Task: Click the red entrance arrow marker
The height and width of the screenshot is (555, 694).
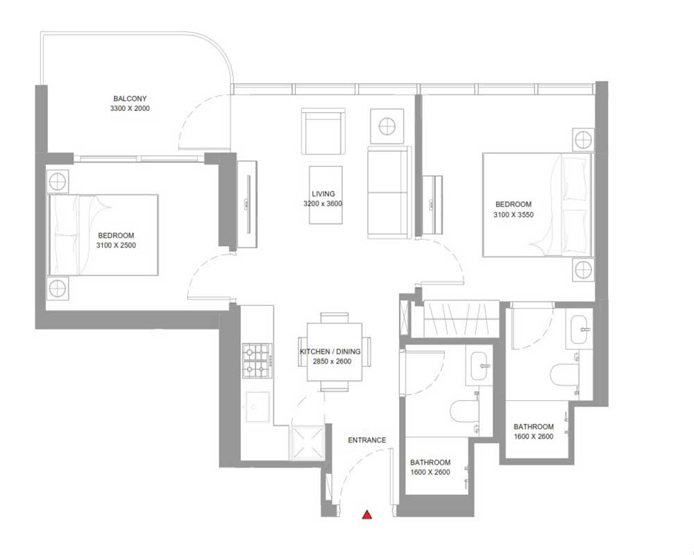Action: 367,514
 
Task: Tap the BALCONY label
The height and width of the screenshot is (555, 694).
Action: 130,99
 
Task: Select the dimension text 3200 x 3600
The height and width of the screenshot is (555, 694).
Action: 323,203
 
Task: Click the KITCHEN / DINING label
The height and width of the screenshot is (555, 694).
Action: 330,352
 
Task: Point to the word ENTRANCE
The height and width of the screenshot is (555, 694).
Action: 367,440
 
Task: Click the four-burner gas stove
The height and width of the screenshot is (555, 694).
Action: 257,360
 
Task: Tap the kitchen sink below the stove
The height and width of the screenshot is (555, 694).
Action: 257,407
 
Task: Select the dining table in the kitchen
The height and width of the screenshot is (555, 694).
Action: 335,352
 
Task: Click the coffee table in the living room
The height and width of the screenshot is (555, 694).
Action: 325,195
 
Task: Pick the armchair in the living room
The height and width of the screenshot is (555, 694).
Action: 323,131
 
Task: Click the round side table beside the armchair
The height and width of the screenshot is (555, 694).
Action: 387,126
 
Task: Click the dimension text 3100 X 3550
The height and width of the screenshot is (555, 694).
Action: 514,214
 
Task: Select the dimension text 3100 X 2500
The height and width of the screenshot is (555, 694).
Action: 116,245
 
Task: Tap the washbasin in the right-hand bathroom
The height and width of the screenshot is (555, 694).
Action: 579,330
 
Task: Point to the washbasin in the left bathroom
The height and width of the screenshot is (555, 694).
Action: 480,366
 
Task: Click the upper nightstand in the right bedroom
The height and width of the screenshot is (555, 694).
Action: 583,140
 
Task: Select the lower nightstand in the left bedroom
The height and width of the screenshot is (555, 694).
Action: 58,288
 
